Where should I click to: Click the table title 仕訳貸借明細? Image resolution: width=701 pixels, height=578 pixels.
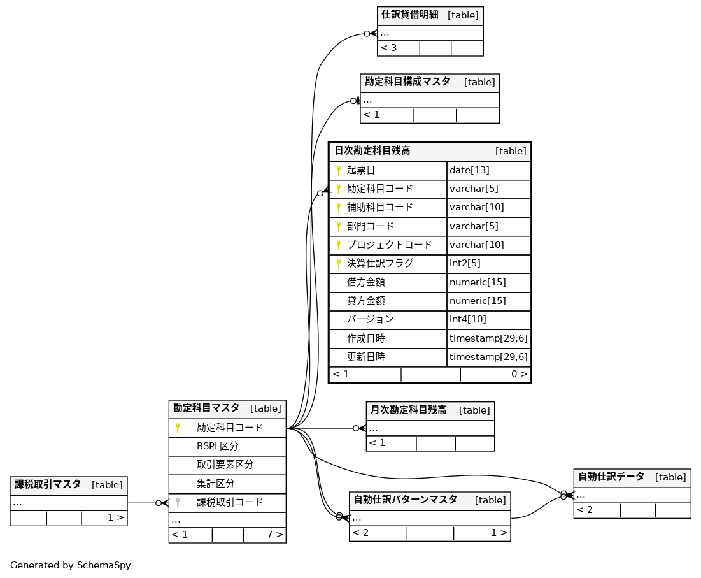tap(409, 15)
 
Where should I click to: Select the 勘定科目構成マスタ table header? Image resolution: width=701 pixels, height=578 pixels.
tap(407, 82)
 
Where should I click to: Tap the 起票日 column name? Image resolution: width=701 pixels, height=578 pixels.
tap(360, 170)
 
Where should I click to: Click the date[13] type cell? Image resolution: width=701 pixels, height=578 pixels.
tap(469, 170)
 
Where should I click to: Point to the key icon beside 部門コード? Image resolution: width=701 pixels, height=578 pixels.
tap(339, 227)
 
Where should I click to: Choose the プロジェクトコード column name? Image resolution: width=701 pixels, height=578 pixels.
tap(389, 245)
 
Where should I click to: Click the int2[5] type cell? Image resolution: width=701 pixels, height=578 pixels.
tap(465, 263)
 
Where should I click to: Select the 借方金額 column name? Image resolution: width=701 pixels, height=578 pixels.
tap(365, 282)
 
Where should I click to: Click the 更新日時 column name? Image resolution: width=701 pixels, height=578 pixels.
tap(365, 357)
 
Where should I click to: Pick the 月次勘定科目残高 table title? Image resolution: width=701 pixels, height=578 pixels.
tap(408, 410)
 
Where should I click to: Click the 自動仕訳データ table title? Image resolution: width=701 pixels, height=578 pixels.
tap(611, 477)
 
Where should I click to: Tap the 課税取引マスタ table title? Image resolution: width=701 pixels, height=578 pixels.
tap(48, 484)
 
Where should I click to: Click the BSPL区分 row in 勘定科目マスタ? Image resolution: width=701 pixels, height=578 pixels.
tap(217, 446)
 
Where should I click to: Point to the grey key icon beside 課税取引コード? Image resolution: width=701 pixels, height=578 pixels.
tap(178, 503)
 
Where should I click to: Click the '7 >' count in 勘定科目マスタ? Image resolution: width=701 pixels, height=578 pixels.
tap(274, 535)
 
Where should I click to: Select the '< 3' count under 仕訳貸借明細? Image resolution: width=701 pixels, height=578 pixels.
tap(389, 48)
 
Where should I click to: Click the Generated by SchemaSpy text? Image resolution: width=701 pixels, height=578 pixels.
tap(70, 565)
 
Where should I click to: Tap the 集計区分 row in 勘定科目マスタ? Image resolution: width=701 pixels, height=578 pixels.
tap(215, 484)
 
